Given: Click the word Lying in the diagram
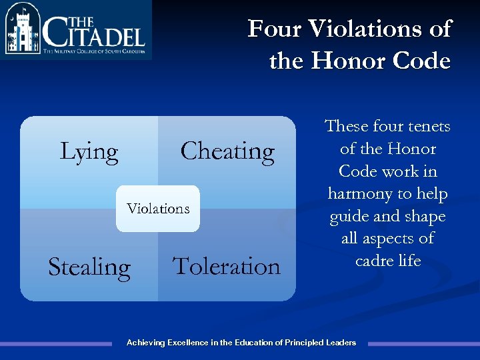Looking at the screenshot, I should point(89,152).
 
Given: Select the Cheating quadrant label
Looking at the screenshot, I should point(227,151).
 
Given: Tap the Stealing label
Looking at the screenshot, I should point(89,267).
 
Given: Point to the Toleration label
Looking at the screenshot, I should point(227,266).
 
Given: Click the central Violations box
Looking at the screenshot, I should point(158,209).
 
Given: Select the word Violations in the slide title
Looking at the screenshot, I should point(377,29).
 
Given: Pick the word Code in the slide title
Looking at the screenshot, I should point(421,61).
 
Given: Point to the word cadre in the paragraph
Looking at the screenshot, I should point(371,261).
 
